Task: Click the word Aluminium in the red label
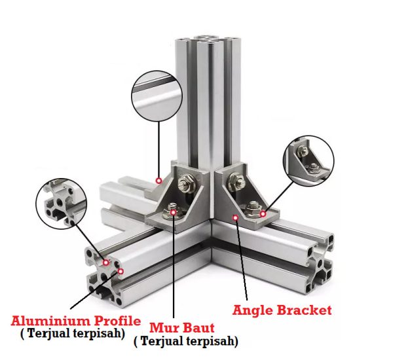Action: point(51,321)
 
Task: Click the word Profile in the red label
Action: point(117,321)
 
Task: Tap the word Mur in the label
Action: point(162,328)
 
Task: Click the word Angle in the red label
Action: point(253,311)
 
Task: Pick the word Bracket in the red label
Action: point(305,310)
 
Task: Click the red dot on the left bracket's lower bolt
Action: point(173,213)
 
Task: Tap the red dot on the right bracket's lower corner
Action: point(263,214)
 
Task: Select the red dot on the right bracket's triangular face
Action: point(235,218)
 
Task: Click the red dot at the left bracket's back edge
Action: point(159,181)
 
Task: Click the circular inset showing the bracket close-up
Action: point(309,161)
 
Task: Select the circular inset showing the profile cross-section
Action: point(61,204)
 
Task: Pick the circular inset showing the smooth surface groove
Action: point(157,96)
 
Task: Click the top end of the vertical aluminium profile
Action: point(208,40)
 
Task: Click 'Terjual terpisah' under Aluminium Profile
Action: point(73,333)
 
